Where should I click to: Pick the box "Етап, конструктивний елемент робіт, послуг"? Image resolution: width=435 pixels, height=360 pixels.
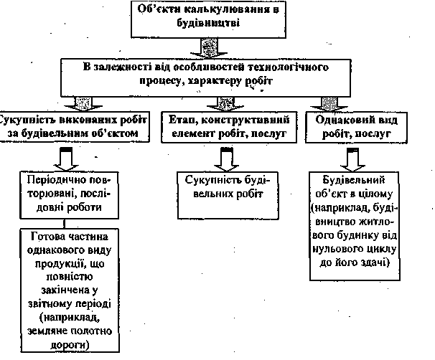(225, 126)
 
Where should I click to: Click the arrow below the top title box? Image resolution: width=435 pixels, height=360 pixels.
(207, 47)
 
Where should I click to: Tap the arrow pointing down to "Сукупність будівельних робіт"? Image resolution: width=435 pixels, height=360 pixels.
(225, 156)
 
